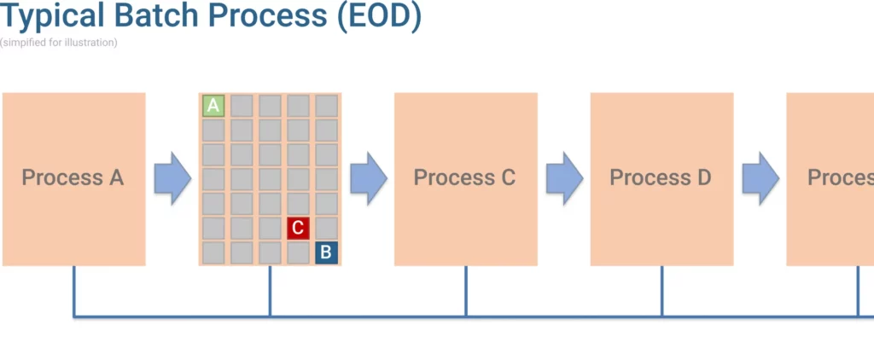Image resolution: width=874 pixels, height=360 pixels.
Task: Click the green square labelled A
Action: (213, 106)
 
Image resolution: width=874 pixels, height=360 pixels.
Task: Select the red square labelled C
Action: (298, 228)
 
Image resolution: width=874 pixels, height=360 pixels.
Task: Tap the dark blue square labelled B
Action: (326, 253)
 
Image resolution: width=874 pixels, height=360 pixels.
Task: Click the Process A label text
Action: (73, 178)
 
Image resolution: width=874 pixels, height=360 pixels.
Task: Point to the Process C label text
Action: (464, 178)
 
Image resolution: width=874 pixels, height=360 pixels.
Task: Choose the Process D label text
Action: (661, 178)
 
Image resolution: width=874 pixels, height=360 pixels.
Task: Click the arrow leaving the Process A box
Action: (172, 178)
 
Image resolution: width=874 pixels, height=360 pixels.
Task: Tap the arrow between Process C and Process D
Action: (564, 178)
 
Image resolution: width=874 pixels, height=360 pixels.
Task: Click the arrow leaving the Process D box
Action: (760, 178)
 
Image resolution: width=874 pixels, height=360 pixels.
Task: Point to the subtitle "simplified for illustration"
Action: (59, 43)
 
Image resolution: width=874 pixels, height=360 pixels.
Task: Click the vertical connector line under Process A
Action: (74, 291)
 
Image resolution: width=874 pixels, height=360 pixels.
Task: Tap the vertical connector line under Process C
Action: (466, 291)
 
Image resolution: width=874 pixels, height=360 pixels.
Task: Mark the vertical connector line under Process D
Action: (661, 291)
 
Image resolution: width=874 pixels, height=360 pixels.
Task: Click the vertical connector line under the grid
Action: (271, 291)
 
